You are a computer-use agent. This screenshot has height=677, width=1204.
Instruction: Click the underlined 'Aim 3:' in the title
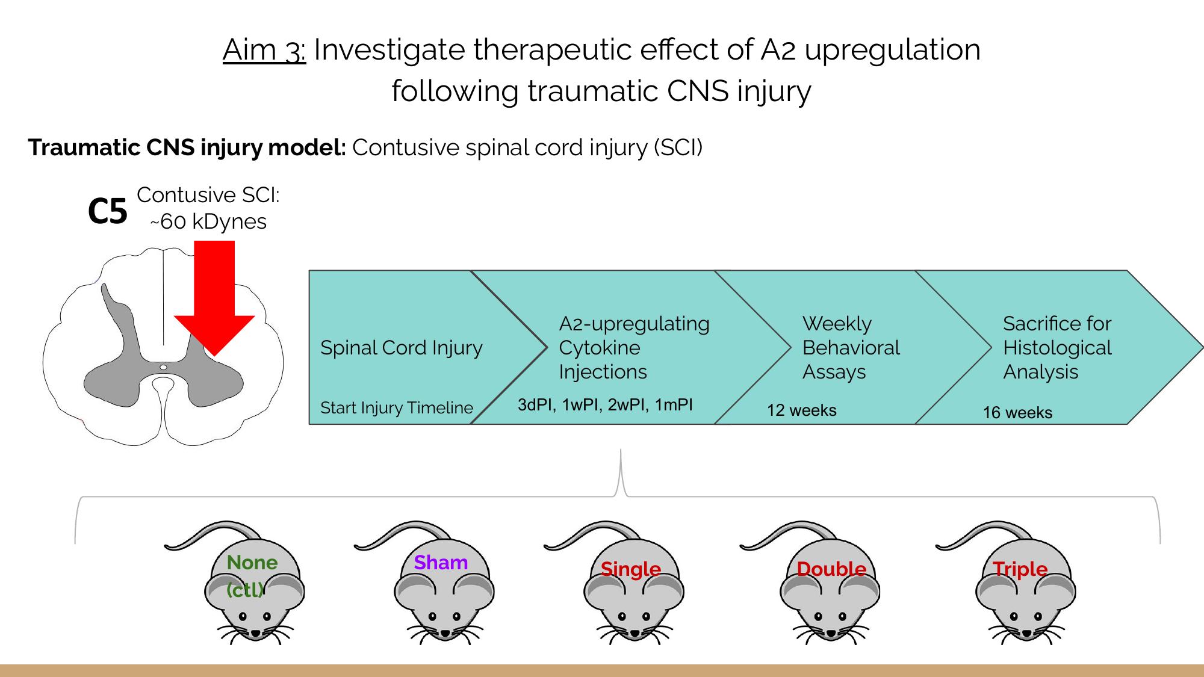[264, 49]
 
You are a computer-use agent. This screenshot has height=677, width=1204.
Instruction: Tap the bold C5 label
[108, 211]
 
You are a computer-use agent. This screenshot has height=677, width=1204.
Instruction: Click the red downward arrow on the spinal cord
[214, 298]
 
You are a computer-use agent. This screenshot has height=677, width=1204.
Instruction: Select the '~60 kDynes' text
[208, 221]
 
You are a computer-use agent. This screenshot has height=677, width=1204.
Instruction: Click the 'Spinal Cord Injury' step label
[402, 348]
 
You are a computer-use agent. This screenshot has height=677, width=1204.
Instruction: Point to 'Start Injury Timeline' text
[397, 408]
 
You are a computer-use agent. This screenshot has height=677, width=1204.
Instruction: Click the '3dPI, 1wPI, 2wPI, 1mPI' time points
[605, 404]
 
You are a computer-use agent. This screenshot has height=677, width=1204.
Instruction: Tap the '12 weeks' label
[802, 410]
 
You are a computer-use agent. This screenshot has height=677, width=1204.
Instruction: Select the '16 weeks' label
[1018, 413]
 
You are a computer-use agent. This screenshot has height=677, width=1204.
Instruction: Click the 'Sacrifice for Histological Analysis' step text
[1058, 348]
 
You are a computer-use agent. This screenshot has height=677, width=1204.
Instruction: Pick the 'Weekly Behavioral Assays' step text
[851, 348]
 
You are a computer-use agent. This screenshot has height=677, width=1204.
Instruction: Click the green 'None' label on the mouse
[252, 563]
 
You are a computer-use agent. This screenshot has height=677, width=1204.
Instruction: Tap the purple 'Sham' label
[441, 563]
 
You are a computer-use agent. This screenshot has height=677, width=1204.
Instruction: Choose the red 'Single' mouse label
[631, 569]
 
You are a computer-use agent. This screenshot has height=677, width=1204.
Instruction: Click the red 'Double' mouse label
[831, 569]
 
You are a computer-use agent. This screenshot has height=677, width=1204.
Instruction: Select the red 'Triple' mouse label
[1020, 569]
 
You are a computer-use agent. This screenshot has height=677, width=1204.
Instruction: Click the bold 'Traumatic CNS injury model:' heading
[187, 148]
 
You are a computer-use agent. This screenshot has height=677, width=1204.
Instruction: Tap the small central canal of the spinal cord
[163, 367]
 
